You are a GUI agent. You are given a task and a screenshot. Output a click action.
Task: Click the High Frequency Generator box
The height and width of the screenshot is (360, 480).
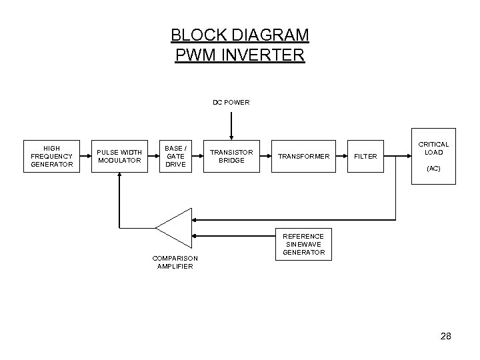pyautogui.click(x=51, y=156)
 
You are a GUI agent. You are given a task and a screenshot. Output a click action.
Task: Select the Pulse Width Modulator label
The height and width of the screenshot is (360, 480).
pyautogui.click(x=119, y=156)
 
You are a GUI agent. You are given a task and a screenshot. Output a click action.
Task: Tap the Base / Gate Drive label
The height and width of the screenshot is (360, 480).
pyautogui.click(x=175, y=156)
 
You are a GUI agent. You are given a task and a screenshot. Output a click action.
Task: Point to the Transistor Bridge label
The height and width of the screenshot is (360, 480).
pyautogui.click(x=231, y=156)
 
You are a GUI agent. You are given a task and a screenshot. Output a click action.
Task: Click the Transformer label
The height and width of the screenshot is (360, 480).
pyautogui.click(x=303, y=157)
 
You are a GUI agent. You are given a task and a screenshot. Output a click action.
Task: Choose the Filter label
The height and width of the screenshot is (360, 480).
pyautogui.click(x=365, y=157)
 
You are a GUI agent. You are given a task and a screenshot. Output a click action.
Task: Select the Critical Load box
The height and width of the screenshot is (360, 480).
pyautogui.click(x=433, y=156)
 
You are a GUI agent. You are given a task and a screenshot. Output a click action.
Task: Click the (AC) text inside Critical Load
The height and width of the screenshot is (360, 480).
pyautogui.click(x=433, y=169)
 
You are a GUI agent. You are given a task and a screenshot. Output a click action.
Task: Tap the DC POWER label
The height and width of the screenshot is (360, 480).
pyautogui.click(x=231, y=103)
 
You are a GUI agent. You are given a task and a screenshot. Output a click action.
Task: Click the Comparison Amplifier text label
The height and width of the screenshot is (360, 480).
pyautogui.click(x=175, y=262)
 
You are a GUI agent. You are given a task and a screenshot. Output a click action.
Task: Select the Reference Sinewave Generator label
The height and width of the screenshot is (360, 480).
pyautogui.click(x=303, y=244)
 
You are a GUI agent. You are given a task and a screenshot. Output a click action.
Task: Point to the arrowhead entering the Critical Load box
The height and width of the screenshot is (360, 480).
pyautogui.click(x=406, y=157)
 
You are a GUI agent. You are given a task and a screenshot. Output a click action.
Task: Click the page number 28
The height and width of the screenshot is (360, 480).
pyautogui.click(x=445, y=337)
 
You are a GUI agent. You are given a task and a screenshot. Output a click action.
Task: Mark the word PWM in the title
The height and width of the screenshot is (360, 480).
pyautogui.click(x=193, y=54)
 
